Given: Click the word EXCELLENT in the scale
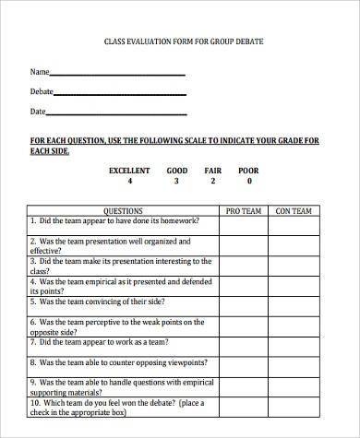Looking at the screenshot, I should coord(129,171).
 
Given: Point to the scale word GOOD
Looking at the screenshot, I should coord(176,171).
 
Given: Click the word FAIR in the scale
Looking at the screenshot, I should coord(213,171).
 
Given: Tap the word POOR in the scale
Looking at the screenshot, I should coord(248,171).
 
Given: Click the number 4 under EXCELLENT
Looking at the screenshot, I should coord(129,182).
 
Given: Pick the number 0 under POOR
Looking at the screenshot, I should coord(248,182).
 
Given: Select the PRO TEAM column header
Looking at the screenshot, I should coord(245,211).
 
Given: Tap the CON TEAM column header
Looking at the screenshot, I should coord(294,211).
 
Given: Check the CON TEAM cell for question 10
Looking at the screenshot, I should coord(294,406).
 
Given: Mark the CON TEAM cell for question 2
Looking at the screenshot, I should coord(294,244).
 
